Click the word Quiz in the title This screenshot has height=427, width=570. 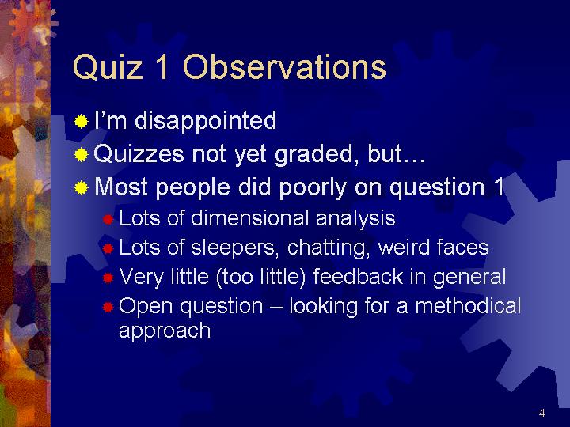point(108,66)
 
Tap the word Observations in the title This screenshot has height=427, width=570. point(284,66)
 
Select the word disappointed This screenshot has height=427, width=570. point(205,121)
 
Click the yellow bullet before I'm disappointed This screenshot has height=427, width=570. point(81,122)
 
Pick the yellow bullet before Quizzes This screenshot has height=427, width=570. point(81,155)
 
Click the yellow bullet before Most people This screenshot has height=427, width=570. point(81,188)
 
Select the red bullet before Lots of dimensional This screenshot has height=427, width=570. point(108,220)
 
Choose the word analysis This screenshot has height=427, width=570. point(355,219)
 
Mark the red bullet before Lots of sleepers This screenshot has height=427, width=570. point(108,249)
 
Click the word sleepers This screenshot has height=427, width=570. point(235,248)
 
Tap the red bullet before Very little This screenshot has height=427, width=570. point(108,278)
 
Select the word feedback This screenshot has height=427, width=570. point(358,276)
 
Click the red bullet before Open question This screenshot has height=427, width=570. point(108,308)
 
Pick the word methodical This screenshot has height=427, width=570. point(468,306)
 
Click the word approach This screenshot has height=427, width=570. point(165,331)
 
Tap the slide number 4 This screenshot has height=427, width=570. point(541,413)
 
